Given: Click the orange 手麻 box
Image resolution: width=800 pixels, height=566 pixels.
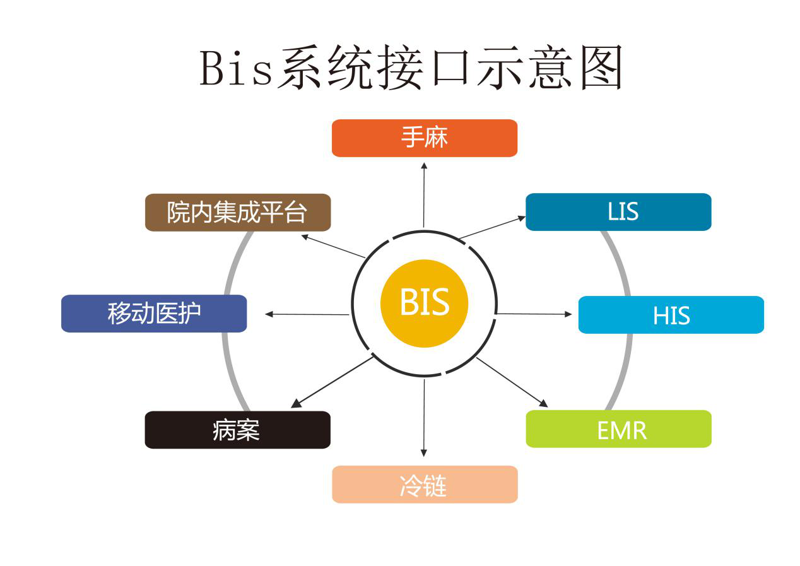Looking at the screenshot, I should [x=424, y=138].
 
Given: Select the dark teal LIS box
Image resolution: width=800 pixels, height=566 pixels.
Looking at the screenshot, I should [x=618, y=212].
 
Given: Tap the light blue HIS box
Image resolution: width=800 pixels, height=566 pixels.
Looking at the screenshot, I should [x=671, y=315].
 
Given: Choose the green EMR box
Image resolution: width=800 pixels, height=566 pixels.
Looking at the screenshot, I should [x=618, y=429].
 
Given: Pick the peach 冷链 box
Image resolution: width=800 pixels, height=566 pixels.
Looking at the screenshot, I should [x=425, y=485].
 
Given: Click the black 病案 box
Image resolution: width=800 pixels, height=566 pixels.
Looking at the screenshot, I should [x=237, y=430].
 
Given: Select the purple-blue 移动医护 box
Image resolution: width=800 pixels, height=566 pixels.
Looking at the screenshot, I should [x=154, y=314].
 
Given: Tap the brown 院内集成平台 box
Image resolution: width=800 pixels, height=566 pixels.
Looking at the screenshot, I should [x=238, y=213].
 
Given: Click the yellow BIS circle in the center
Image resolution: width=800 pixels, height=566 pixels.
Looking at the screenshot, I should [x=424, y=304].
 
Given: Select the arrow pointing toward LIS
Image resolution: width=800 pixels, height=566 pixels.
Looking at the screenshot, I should [x=492, y=228].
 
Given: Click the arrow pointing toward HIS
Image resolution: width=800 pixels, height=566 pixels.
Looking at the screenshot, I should [x=534, y=314].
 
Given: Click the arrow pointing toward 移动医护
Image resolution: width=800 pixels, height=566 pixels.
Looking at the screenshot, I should [x=307, y=314].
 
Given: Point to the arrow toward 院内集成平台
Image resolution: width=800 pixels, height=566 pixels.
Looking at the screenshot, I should [x=332, y=246].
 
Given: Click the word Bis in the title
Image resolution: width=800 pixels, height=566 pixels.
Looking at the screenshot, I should [x=237, y=68].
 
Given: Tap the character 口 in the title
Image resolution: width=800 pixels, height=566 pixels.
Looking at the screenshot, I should [x=449, y=68].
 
